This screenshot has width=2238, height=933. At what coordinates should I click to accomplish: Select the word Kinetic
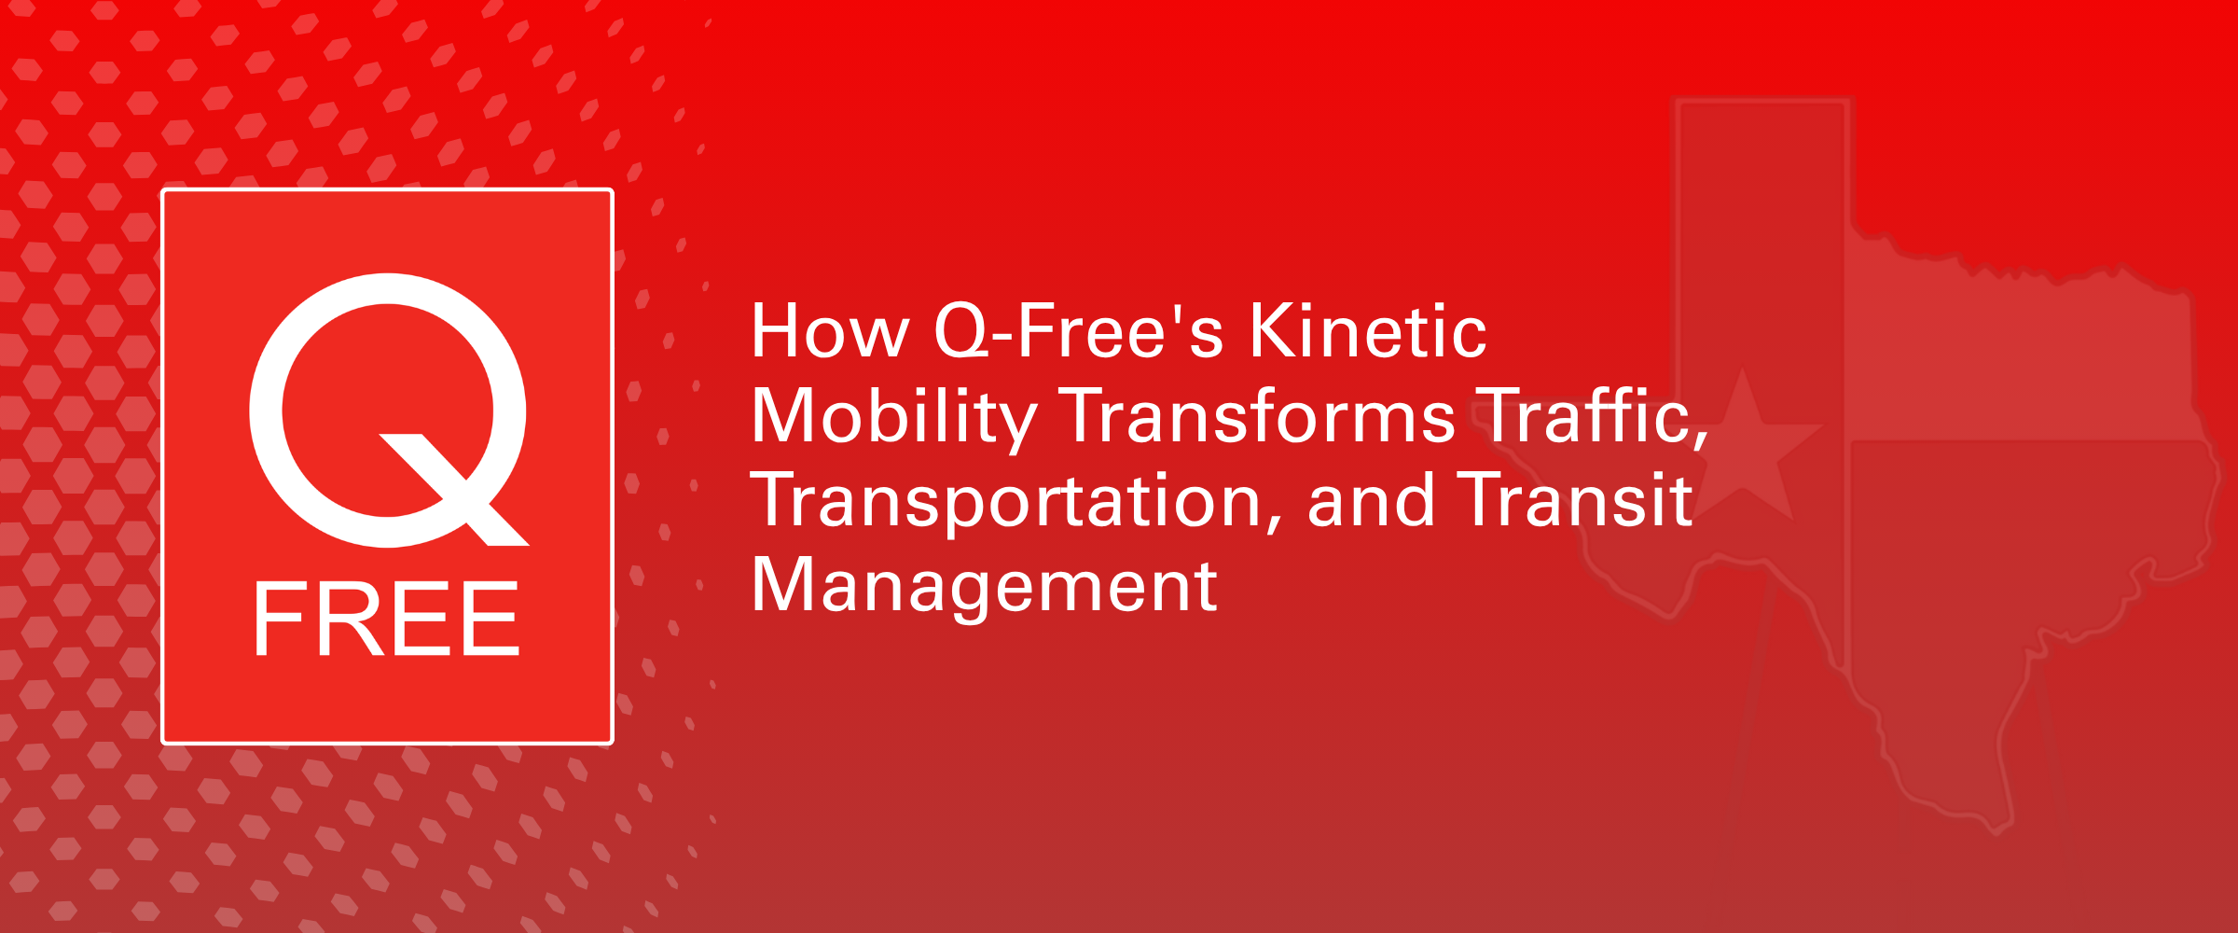tap(1368, 332)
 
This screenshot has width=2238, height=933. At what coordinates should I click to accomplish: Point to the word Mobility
tap(893, 417)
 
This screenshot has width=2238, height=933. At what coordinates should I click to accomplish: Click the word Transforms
tap(1258, 416)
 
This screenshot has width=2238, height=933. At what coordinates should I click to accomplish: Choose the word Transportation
tap(1007, 502)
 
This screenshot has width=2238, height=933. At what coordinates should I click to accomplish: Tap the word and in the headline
tap(1371, 501)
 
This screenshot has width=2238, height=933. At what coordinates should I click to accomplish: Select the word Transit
tap(1575, 501)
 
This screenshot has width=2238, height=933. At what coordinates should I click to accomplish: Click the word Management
tap(985, 586)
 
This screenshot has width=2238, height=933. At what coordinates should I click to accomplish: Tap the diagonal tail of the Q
tap(457, 490)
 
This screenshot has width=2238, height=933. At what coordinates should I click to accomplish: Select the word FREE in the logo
tap(387, 619)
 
